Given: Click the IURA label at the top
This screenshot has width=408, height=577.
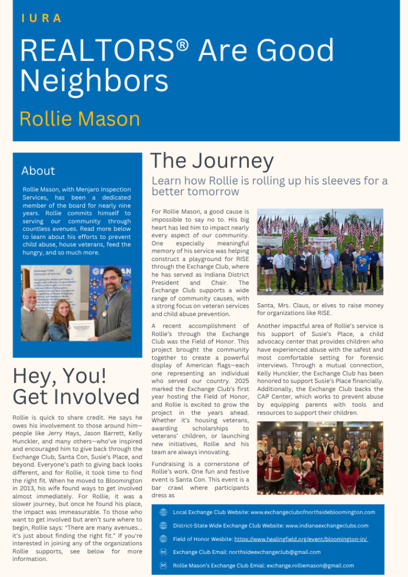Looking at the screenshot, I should coord(42,18).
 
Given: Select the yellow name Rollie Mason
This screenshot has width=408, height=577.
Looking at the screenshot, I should coord(80,119).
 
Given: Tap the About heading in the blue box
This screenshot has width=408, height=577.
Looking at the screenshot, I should coord(38,171).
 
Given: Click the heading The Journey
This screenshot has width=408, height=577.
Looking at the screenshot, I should coord(212,161).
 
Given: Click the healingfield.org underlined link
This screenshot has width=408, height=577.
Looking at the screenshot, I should coord(301,539).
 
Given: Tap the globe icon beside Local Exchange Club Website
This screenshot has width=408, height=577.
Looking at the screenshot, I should coord(163,512).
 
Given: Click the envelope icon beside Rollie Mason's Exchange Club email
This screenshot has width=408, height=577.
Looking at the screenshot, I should coord(163,565).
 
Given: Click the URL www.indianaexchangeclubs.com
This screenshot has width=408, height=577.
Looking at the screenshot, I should coord(327,526).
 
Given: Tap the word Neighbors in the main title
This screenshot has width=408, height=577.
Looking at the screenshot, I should coord(94,81).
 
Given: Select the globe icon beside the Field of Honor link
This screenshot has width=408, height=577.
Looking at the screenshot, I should coord(163,539).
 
